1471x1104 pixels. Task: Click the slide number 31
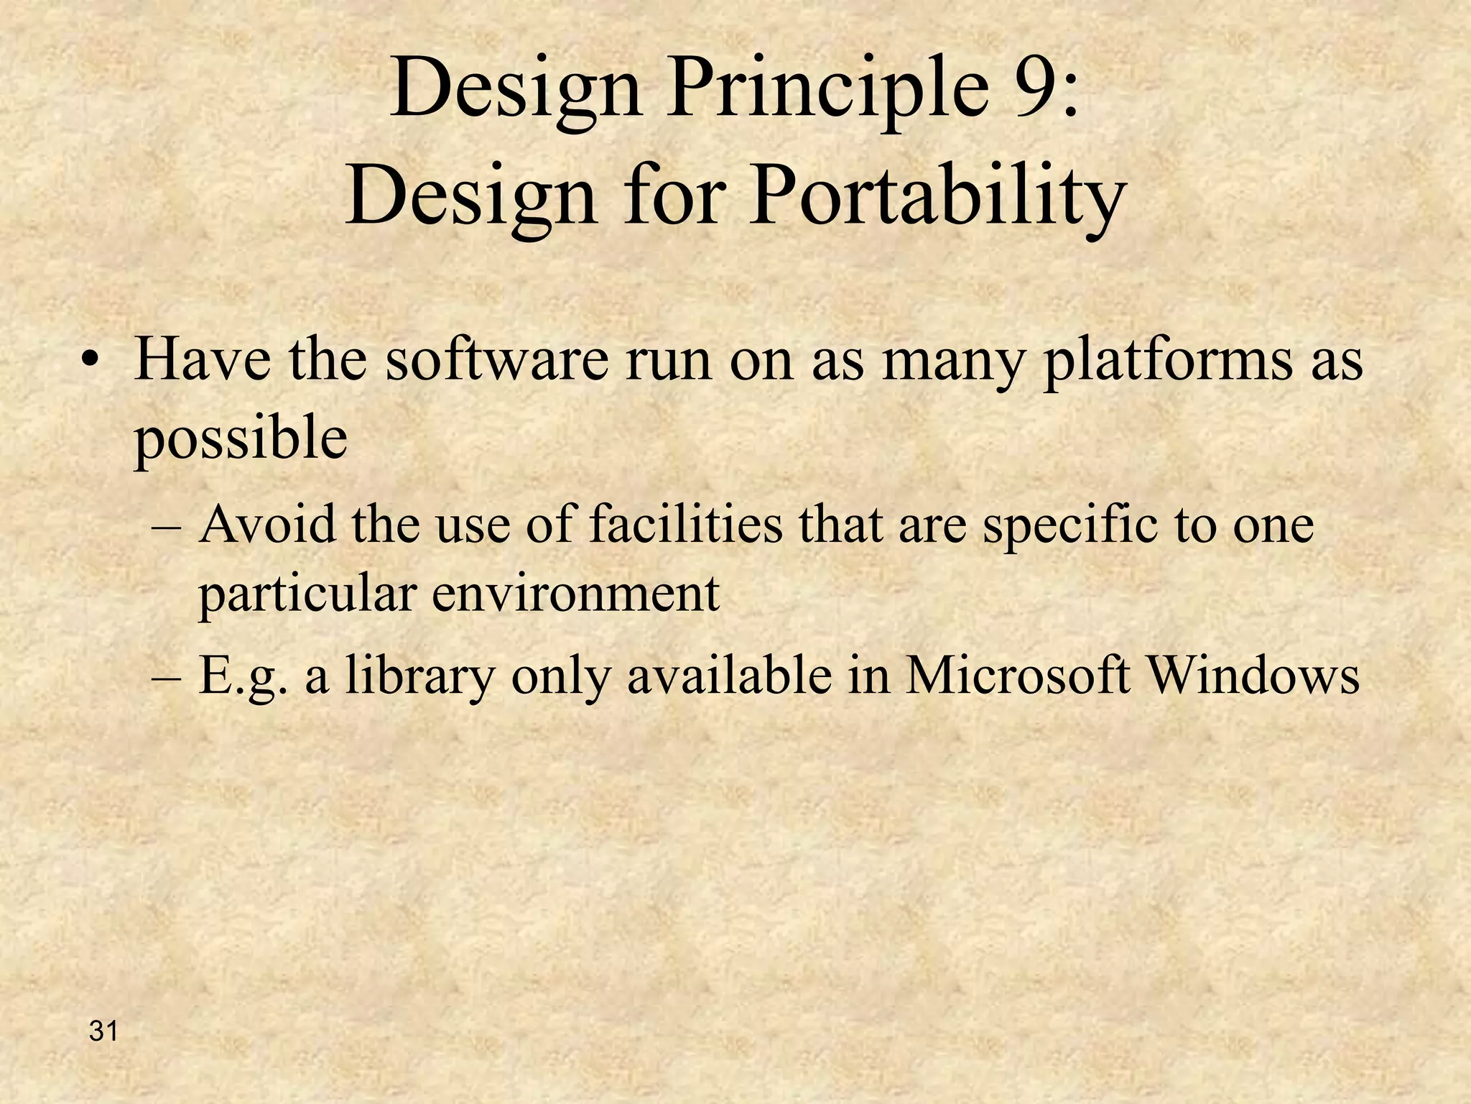click(x=103, y=1032)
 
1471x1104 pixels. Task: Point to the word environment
click(x=575, y=595)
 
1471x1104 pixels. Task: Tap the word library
click(x=420, y=678)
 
